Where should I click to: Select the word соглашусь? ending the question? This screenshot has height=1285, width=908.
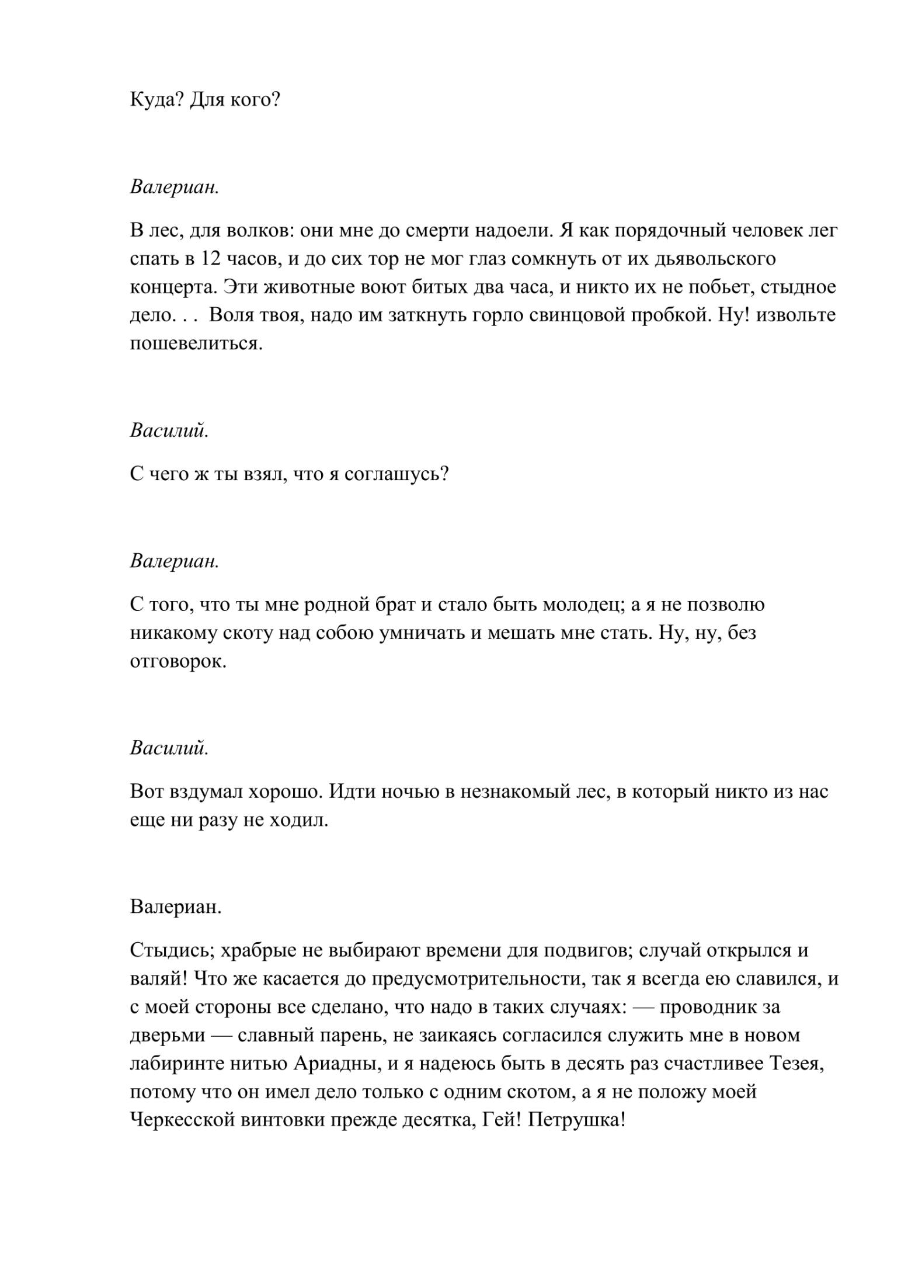[x=396, y=474]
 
